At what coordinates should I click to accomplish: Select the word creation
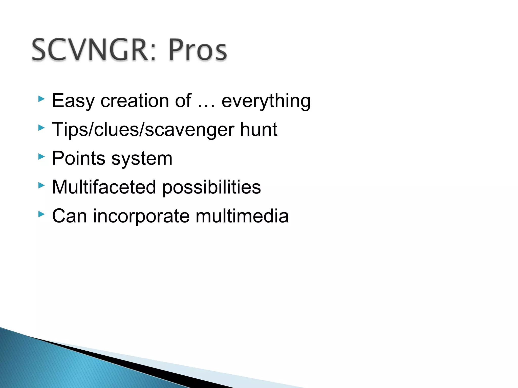[x=135, y=101]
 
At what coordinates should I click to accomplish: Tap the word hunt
[x=258, y=129]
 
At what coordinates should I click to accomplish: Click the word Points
[x=78, y=158]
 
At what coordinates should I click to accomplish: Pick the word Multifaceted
[x=104, y=187]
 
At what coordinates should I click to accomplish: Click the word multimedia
[x=242, y=216]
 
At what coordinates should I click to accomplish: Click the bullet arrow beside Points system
[x=41, y=157]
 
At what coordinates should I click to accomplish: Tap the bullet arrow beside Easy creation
[x=41, y=99]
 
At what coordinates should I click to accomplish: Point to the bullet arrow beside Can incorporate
[x=41, y=214]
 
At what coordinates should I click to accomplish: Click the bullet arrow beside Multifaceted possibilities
[x=41, y=186]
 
